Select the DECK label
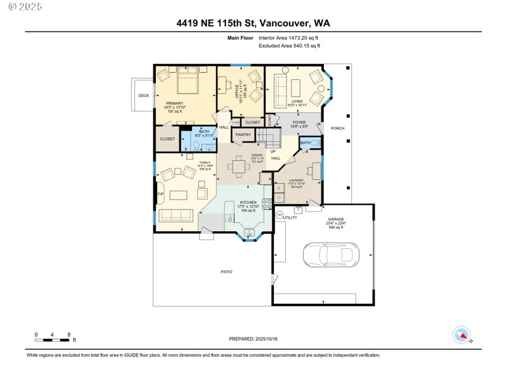click(x=143, y=96)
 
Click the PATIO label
click(x=226, y=272)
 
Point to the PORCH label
click(x=338, y=128)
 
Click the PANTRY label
click(x=243, y=134)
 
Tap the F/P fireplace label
click(x=159, y=194)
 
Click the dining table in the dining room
click(x=239, y=167)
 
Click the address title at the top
click(x=253, y=23)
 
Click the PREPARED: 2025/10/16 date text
click(x=253, y=339)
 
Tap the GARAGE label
click(x=336, y=218)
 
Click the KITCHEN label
click(x=247, y=202)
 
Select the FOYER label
click(x=299, y=122)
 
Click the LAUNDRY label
click(x=297, y=180)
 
